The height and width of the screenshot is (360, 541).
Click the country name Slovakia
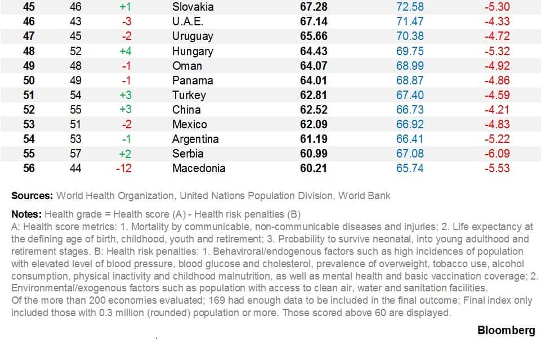(193, 7)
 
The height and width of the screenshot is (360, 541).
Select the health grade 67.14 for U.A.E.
(314, 22)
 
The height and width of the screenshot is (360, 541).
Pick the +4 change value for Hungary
(125, 51)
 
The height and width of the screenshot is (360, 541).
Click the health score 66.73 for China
(410, 110)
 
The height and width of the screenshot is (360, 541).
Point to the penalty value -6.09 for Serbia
(497, 154)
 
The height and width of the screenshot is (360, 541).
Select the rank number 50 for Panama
(29, 80)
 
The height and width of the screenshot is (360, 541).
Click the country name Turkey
(189, 95)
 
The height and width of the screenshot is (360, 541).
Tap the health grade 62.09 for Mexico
(314, 124)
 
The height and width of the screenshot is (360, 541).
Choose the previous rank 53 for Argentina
(75, 139)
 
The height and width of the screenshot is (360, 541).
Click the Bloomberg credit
(506, 330)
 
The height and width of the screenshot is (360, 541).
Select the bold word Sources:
(32, 196)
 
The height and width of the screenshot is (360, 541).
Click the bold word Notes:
(26, 214)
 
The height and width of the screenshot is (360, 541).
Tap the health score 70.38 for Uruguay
(410, 37)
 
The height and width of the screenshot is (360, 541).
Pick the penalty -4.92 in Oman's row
(497, 66)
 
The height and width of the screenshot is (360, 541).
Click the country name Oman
(187, 66)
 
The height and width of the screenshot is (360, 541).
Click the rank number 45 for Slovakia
(29, 7)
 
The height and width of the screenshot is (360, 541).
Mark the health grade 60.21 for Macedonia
(314, 168)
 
